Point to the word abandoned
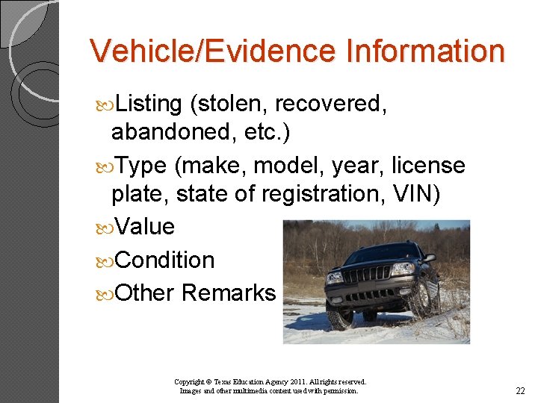coord(174,132)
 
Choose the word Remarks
coord(229,293)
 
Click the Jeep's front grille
coord(365,275)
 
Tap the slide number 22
coord(520,391)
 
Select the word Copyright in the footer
coord(191,381)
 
